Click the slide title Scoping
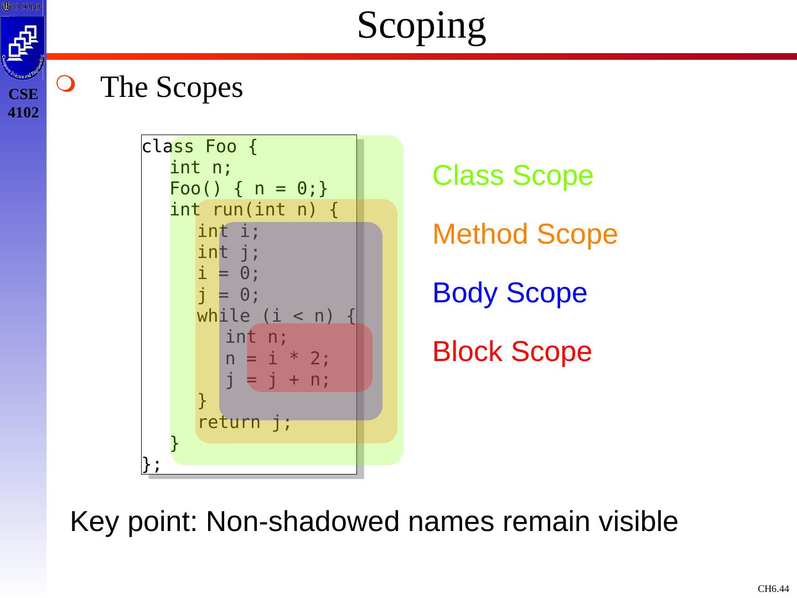pos(421,25)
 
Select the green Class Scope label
pos(513,176)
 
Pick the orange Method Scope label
pos(525,234)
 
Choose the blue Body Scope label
pos(509,293)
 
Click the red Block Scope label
pos(512,352)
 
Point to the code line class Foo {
pos(199,147)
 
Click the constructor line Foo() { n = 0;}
pos(249,189)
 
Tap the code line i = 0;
pos(228,273)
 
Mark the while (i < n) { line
pos(276,316)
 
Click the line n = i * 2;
pos(277,359)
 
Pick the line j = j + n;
pos(277,380)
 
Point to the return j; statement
pos(244,422)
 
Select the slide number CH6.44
pos(773,589)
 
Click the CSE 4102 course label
pos(23,104)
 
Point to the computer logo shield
pos(23,47)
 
